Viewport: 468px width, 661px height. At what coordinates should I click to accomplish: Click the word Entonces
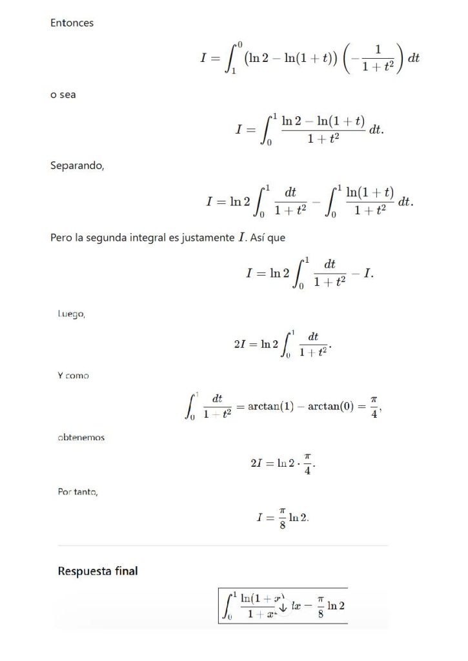pyautogui.click(x=72, y=23)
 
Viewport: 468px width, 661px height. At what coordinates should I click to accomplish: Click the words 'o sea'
pyautogui.click(x=63, y=94)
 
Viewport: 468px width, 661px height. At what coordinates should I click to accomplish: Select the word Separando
pyautogui.click(x=76, y=165)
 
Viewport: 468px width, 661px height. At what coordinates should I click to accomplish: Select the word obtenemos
pyautogui.click(x=81, y=437)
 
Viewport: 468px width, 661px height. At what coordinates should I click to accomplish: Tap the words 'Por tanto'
pyautogui.click(x=77, y=493)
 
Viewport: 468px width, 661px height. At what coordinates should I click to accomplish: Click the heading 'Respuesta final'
pyautogui.click(x=97, y=571)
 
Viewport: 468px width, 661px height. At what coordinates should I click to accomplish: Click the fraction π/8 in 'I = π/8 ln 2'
pyautogui.click(x=281, y=517)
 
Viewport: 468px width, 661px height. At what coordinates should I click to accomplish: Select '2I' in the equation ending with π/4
pyautogui.click(x=256, y=463)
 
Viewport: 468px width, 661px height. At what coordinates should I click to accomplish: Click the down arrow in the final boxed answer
pyautogui.click(x=282, y=606)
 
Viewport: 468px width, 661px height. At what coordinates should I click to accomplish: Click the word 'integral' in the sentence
pyautogui.click(x=155, y=238)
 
